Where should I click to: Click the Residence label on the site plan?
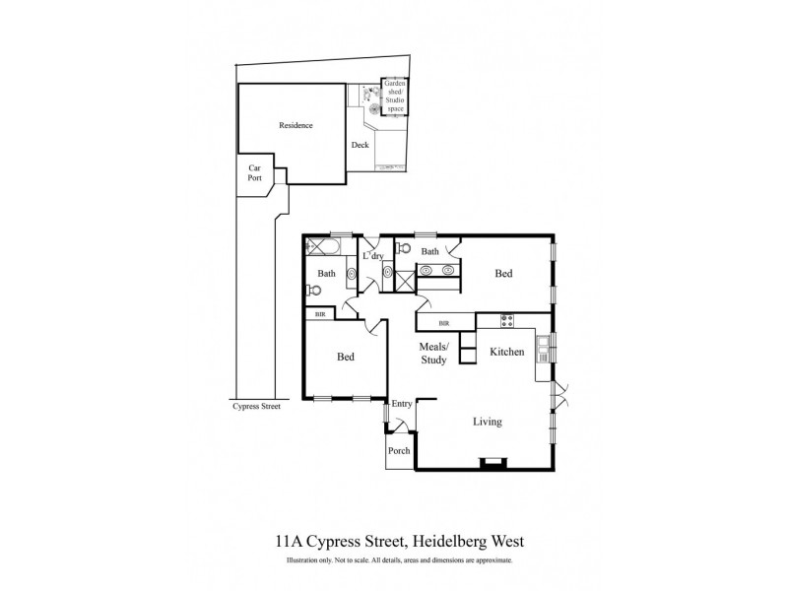(x=295, y=125)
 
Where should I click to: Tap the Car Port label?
(x=254, y=173)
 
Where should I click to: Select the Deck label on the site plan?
(x=361, y=146)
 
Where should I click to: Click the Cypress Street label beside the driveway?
(x=256, y=406)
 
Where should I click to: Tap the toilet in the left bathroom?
(x=313, y=290)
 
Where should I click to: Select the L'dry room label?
(x=373, y=256)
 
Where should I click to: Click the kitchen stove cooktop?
(x=506, y=319)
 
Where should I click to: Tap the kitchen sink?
(x=544, y=344)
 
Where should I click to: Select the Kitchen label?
(x=506, y=352)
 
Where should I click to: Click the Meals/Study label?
(x=434, y=354)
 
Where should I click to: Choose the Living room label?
(x=487, y=422)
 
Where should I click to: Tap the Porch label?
(x=399, y=451)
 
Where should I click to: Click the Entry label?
(x=402, y=404)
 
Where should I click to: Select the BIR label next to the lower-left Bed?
(x=319, y=314)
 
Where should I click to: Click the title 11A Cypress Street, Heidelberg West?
(x=393, y=541)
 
